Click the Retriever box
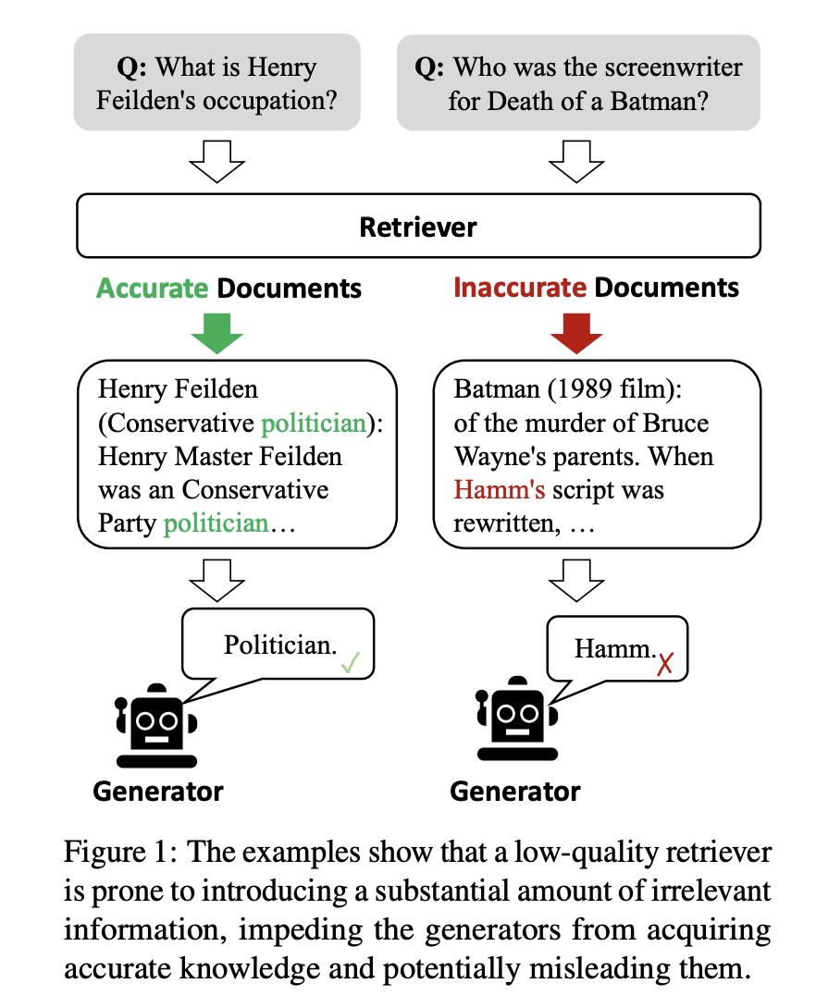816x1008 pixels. point(418,227)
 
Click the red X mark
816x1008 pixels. point(664,663)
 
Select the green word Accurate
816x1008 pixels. point(153,288)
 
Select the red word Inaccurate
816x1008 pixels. point(520,288)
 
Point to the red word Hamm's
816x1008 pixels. point(499,489)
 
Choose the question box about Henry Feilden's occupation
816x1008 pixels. point(216,82)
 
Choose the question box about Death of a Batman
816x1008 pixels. point(578,82)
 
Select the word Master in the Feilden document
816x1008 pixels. point(222,457)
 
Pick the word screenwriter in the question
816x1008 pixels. point(670,68)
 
